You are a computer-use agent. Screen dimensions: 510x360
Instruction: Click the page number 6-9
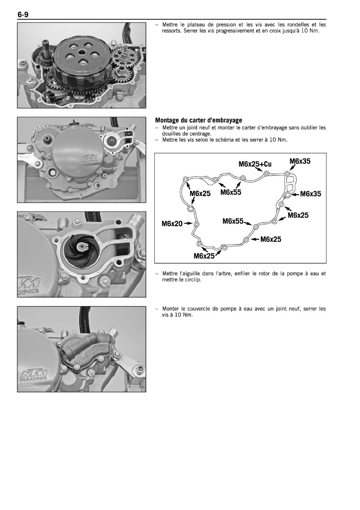coord(24,15)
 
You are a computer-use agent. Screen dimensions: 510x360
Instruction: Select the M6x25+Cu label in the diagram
coord(256,164)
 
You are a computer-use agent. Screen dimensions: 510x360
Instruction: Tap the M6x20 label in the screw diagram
coord(172,223)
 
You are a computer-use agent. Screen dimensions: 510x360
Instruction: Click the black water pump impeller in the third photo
coord(78,249)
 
